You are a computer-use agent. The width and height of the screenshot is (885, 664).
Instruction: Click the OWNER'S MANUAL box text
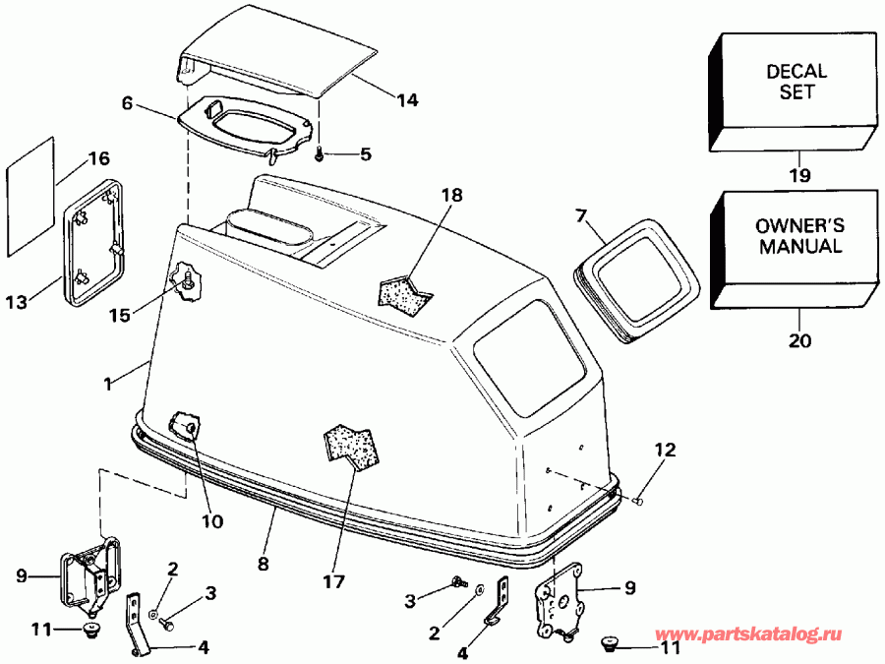coord(797,236)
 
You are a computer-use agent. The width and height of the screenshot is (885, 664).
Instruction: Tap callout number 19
coord(798,176)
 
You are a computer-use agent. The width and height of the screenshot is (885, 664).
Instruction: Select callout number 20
coord(798,341)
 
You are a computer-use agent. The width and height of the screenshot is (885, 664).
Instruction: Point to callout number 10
coord(211,520)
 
